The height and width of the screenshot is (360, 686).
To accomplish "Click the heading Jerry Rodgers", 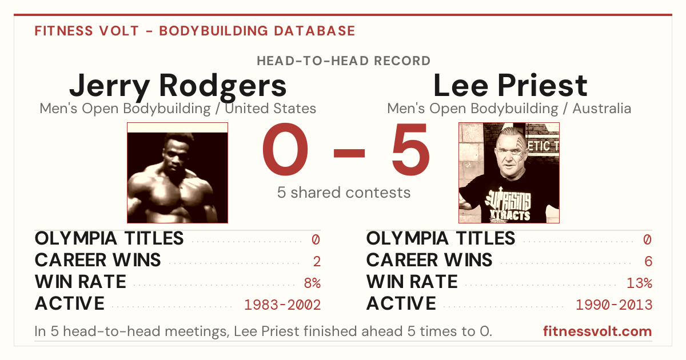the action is (x=178, y=87).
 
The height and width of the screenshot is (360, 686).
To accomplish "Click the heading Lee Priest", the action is (x=510, y=85).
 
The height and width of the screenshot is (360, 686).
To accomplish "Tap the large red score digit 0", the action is (x=285, y=149).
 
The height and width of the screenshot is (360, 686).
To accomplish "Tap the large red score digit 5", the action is (x=410, y=149).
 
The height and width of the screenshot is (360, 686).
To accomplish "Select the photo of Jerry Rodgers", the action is (x=178, y=173).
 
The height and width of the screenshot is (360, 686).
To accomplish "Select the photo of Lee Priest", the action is (x=509, y=173).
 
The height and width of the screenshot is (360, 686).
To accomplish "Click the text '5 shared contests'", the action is (x=344, y=193).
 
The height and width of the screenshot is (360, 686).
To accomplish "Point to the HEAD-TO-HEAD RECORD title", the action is (x=344, y=61).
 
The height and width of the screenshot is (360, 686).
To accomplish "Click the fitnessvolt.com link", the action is (x=597, y=331).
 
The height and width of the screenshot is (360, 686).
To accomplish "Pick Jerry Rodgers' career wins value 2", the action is (x=317, y=261).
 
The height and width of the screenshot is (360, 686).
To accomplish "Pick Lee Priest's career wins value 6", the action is (x=648, y=261).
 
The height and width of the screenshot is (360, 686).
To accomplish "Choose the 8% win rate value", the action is (x=312, y=283).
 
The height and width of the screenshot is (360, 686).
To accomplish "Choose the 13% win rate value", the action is (x=640, y=283).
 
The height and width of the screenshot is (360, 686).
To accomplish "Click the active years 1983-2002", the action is (x=282, y=305).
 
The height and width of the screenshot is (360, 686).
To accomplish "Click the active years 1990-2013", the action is (x=614, y=305).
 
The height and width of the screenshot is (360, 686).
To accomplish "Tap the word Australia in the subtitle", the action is (x=602, y=109).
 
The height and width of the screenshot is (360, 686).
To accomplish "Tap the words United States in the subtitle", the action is (x=270, y=109).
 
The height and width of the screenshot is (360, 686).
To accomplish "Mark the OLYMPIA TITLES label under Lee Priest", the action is (x=441, y=238).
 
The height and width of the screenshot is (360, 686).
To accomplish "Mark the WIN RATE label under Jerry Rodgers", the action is (x=81, y=282).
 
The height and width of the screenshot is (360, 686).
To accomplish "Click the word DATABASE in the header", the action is (x=314, y=31).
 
